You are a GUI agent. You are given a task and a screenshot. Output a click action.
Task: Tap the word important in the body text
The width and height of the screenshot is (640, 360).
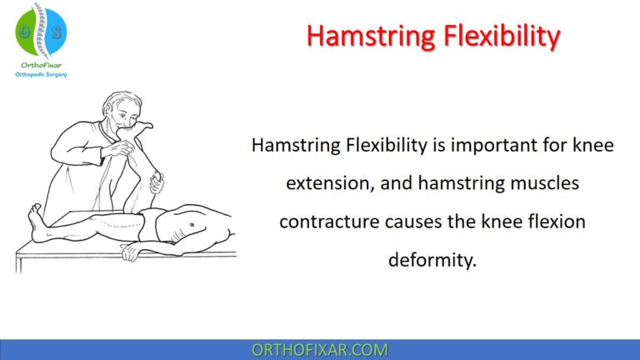[488, 145]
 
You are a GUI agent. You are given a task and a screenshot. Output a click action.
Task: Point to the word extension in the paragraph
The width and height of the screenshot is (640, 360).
[325, 182]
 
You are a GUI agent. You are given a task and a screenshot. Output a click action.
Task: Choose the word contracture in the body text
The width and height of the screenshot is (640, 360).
[325, 222]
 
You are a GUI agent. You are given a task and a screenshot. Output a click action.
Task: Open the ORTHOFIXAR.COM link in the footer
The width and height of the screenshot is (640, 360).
[320, 350]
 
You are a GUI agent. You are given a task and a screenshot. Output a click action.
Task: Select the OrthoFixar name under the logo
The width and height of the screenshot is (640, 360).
[42, 64]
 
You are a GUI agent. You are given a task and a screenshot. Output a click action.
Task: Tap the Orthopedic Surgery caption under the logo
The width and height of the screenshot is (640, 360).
[42, 74]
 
